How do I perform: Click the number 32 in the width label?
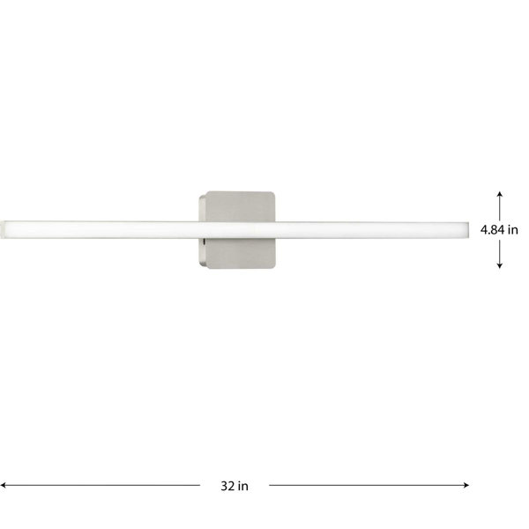(x=227, y=486)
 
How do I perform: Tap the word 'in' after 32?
(x=243, y=486)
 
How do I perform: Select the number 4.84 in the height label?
(x=492, y=230)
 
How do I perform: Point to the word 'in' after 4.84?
(x=512, y=230)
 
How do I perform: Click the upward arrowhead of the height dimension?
(x=500, y=194)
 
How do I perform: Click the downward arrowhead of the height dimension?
(x=500, y=265)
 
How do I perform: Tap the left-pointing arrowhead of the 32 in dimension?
(x=3, y=486)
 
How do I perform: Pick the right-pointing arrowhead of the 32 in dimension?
(x=466, y=486)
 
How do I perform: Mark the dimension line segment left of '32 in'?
(x=101, y=486)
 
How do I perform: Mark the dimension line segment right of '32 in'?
(x=369, y=486)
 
